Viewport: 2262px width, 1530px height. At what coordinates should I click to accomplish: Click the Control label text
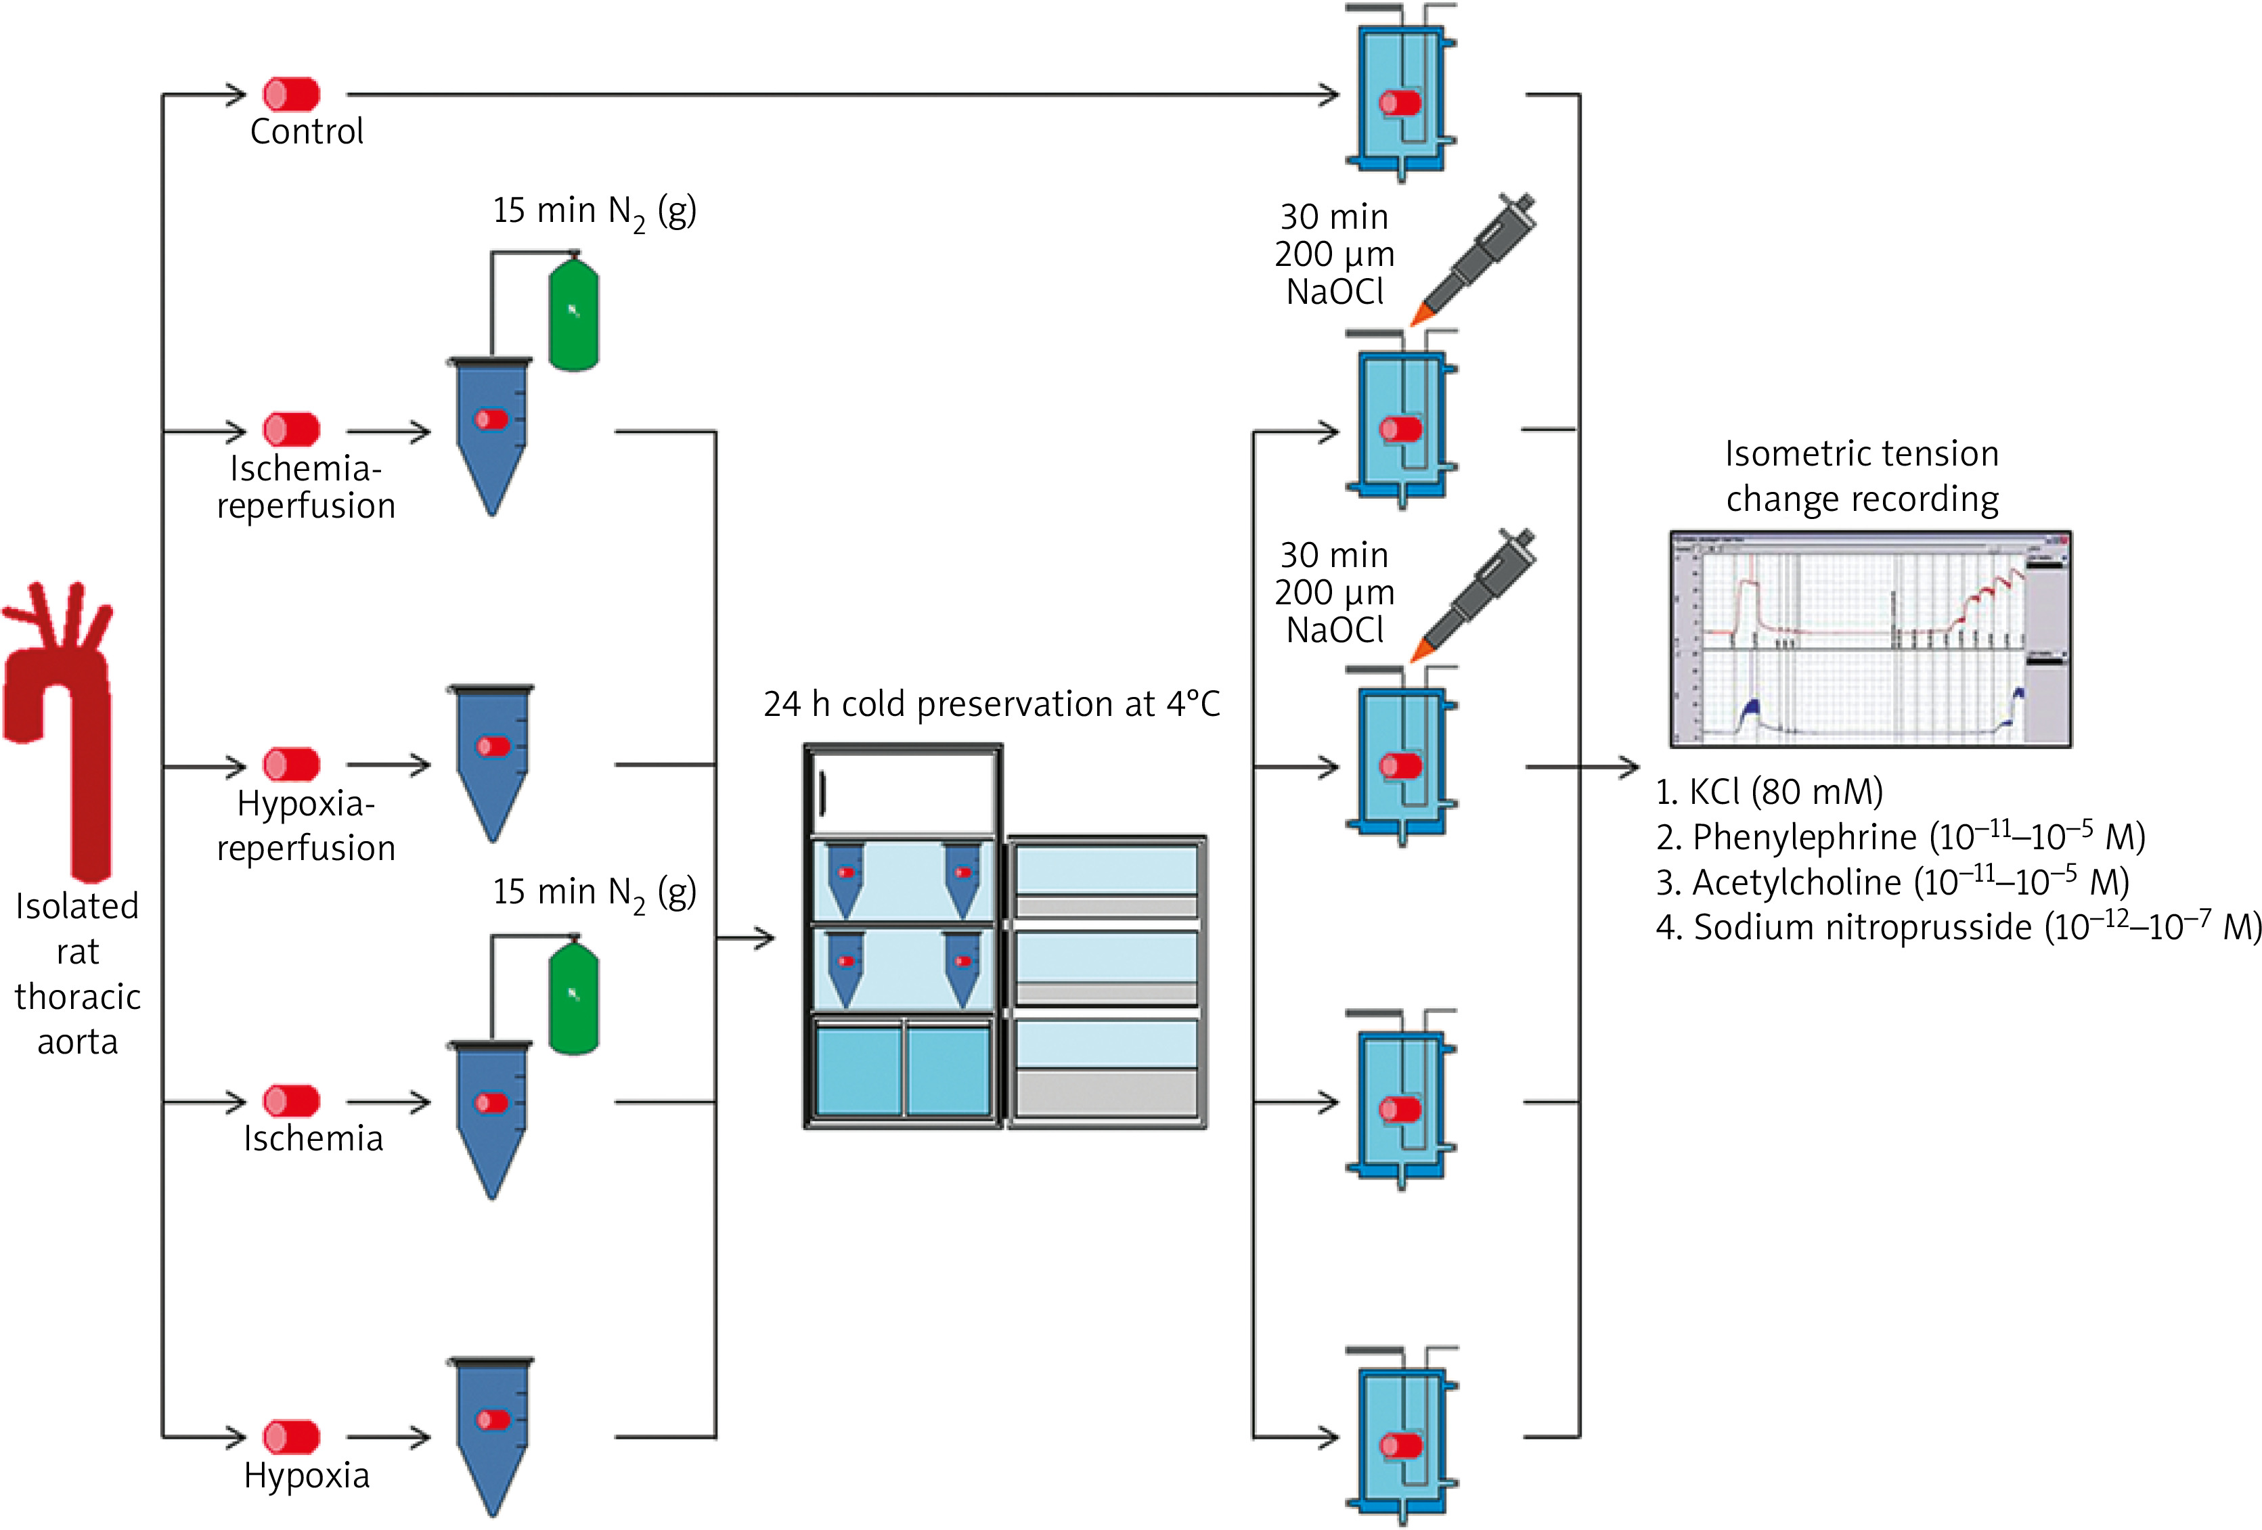(x=307, y=131)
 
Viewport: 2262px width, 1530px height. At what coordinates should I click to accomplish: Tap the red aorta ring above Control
(x=291, y=95)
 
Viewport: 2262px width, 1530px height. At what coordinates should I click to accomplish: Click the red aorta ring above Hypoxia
(x=291, y=1437)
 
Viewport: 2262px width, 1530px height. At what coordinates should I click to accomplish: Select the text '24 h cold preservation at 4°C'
(x=991, y=704)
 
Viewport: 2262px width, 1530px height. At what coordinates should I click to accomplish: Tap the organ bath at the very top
(x=1402, y=95)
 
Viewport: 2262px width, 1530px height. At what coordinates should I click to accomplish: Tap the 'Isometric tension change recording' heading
(x=1861, y=476)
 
